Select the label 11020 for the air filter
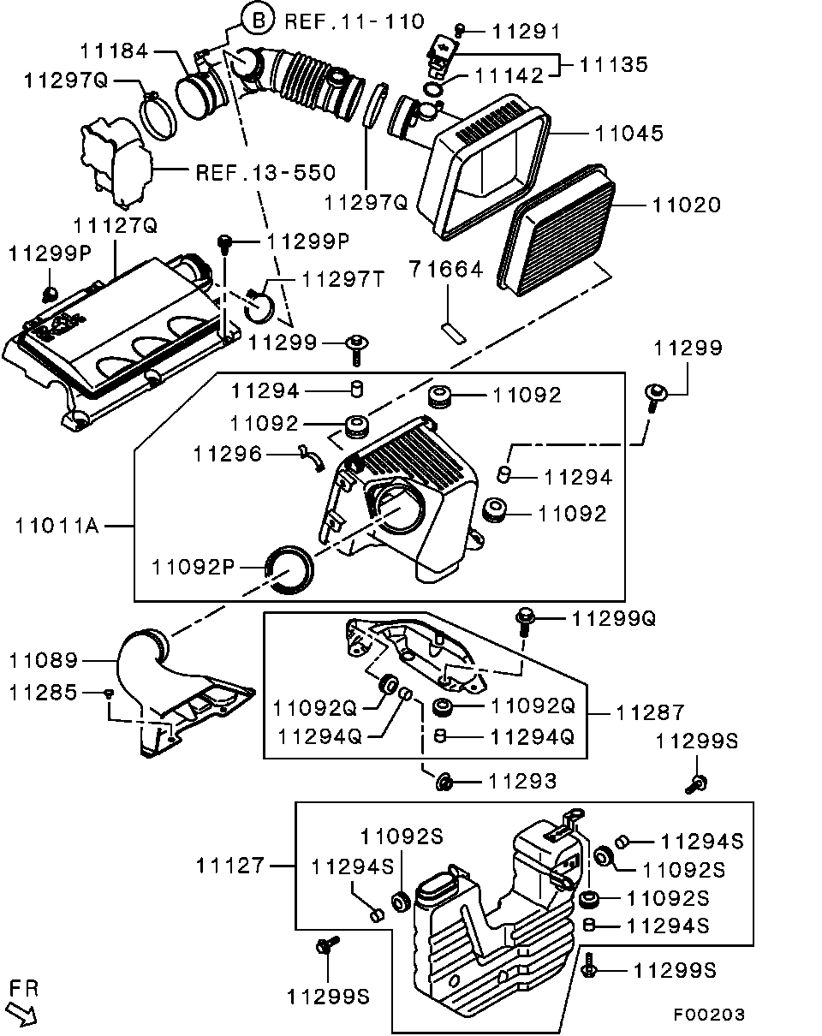coord(686,205)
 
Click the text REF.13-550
coord(265,173)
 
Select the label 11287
coord(651,712)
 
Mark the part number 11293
coord(522,781)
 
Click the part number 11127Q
coord(116,226)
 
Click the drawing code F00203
coord(709,1015)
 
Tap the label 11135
coord(613,64)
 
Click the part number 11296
coord(228,454)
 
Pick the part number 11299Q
coord(613,618)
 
